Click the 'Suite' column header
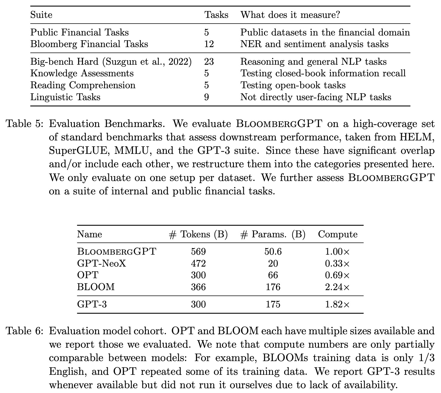pyautogui.click(x=41, y=15)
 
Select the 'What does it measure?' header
pyautogui.click(x=290, y=15)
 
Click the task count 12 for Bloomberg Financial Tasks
pyautogui.click(x=209, y=44)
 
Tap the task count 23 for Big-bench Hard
pyautogui.click(x=209, y=62)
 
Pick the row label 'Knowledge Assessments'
pyautogui.click(x=82, y=73)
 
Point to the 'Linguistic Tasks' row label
pyautogui.click(x=65, y=97)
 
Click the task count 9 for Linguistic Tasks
pyautogui.click(x=206, y=97)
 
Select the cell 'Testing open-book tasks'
pyautogui.click(x=293, y=85)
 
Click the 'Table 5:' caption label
pyautogui.click(x=25, y=124)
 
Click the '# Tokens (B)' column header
pyautogui.click(x=198, y=234)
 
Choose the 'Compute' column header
pyautogui.click(x=338, y=234)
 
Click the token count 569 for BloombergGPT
pyautogui.click(x=198, y=252)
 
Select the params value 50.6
pyautogui.click(x=273, y=252)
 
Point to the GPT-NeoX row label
pyautogui.click(x=101, y=264)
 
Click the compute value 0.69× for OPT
pyautogui.click(x=337, y=275)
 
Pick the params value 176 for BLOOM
pyautogui.click(x=273, y=287)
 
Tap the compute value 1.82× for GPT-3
pyautogui.click(x=337, y=304)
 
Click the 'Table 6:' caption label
pyautogui.click(x=25, y=331)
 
